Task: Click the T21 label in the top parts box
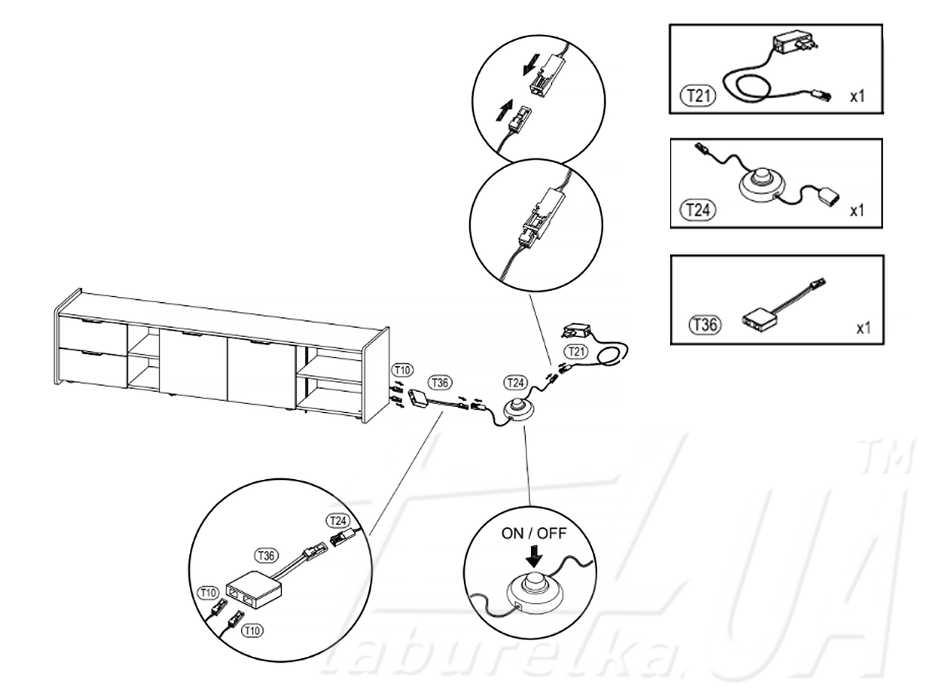point(698,95)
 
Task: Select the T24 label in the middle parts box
point(698,210)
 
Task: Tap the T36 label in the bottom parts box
point(706,325)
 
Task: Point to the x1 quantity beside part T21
point(857,97)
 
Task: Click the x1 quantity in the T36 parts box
point(864,328)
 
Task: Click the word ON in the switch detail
point(512,534)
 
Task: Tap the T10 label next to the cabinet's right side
point(402,370)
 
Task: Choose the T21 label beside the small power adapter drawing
point(576,352)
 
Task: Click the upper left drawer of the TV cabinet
point(93,332)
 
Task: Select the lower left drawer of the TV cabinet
point(93,367)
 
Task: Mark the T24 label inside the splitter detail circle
point(338,521)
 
